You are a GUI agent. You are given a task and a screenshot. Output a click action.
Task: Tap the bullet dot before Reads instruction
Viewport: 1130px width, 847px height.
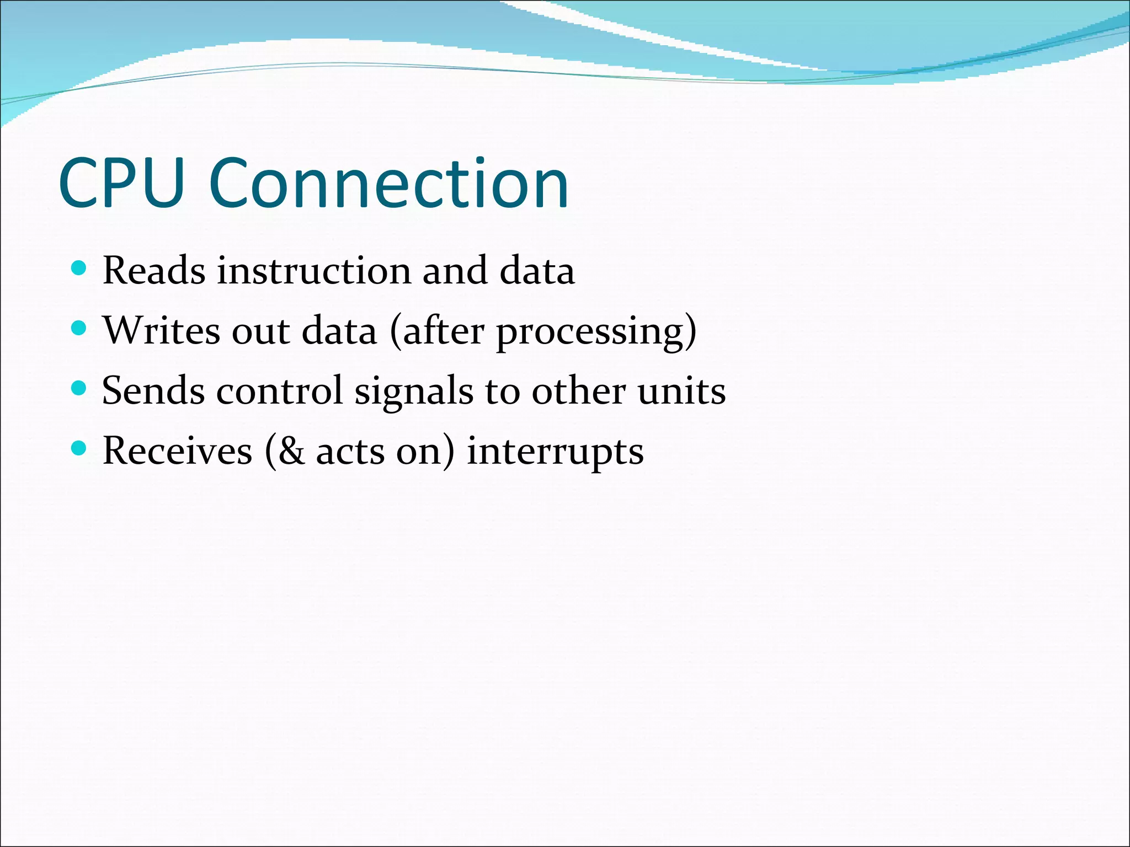pos(79,269)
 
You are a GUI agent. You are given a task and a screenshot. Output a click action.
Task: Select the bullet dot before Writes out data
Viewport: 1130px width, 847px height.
pos(79,329)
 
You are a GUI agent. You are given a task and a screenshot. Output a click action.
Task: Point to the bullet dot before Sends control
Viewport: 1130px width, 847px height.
pos(79,389)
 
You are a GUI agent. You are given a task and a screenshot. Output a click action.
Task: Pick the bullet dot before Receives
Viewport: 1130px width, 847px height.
pos(79,449)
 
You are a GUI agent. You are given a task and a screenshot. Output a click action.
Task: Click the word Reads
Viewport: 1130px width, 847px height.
pos(154,271)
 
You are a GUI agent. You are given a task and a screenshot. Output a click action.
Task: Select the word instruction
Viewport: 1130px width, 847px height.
pos(314,271)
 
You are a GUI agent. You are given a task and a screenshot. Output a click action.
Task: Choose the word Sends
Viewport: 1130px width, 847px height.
pos(153,391)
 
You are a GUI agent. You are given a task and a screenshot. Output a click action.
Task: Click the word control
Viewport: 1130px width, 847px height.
pos(280,391)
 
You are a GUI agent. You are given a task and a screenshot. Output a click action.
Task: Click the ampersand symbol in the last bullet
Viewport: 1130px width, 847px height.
pos(291,451)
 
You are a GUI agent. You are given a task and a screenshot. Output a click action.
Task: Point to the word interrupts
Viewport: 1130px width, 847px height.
pos(555,452)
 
